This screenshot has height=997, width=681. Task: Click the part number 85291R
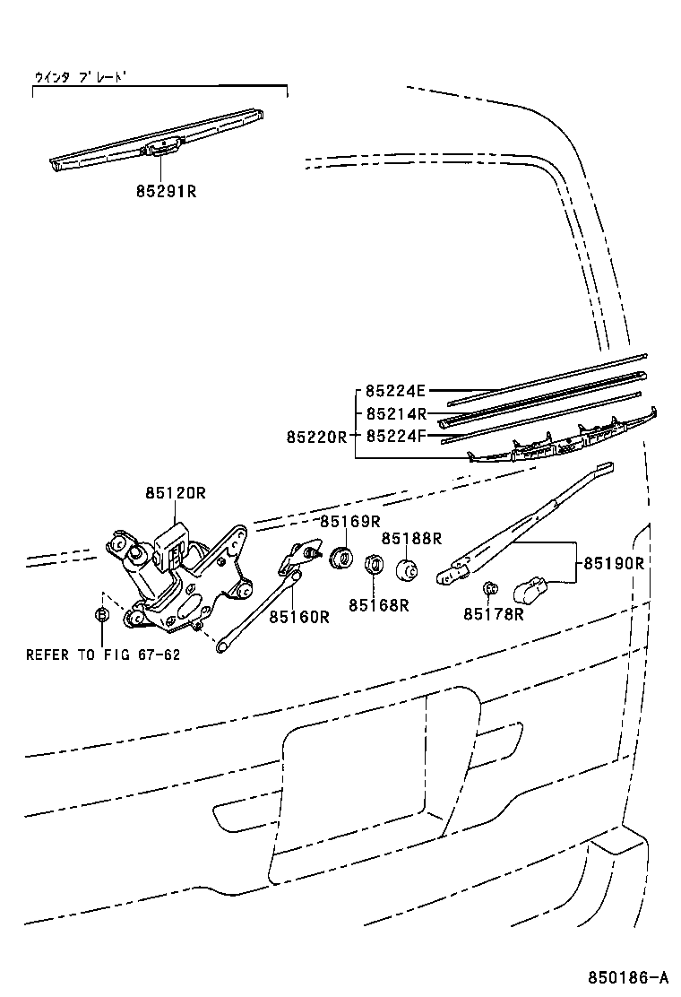(x=166, y=191)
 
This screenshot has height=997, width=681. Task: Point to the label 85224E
(x=395, y=391)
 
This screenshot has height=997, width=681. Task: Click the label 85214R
(x=395, y=414)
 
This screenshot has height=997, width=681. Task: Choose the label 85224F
(x=395, y=437)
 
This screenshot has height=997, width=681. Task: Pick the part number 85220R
(x=316, y=437)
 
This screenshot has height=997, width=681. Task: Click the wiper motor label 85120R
(x=176, y=492)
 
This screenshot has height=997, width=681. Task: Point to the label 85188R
(x=412, y=538)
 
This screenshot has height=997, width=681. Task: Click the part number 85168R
(x=379, y=604)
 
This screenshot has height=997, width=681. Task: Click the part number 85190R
(x=615, y=563)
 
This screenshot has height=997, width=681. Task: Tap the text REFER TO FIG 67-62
(x=103, y=655)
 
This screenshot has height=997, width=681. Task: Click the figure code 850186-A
(x=628, y=976)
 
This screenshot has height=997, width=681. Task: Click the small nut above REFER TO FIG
(x=102, y=615)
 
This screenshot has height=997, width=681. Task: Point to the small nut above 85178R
(x=490, y=588)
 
